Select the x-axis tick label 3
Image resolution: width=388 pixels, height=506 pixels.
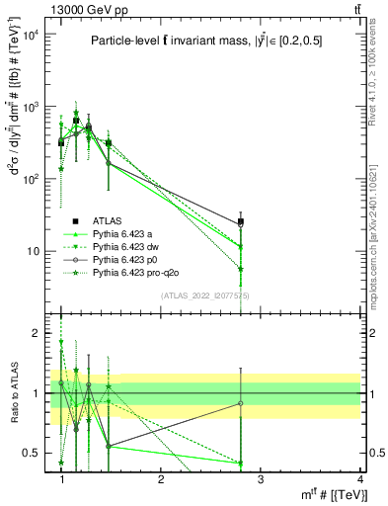point(260,478)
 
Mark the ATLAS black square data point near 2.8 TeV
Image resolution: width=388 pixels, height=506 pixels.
point(240,222)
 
